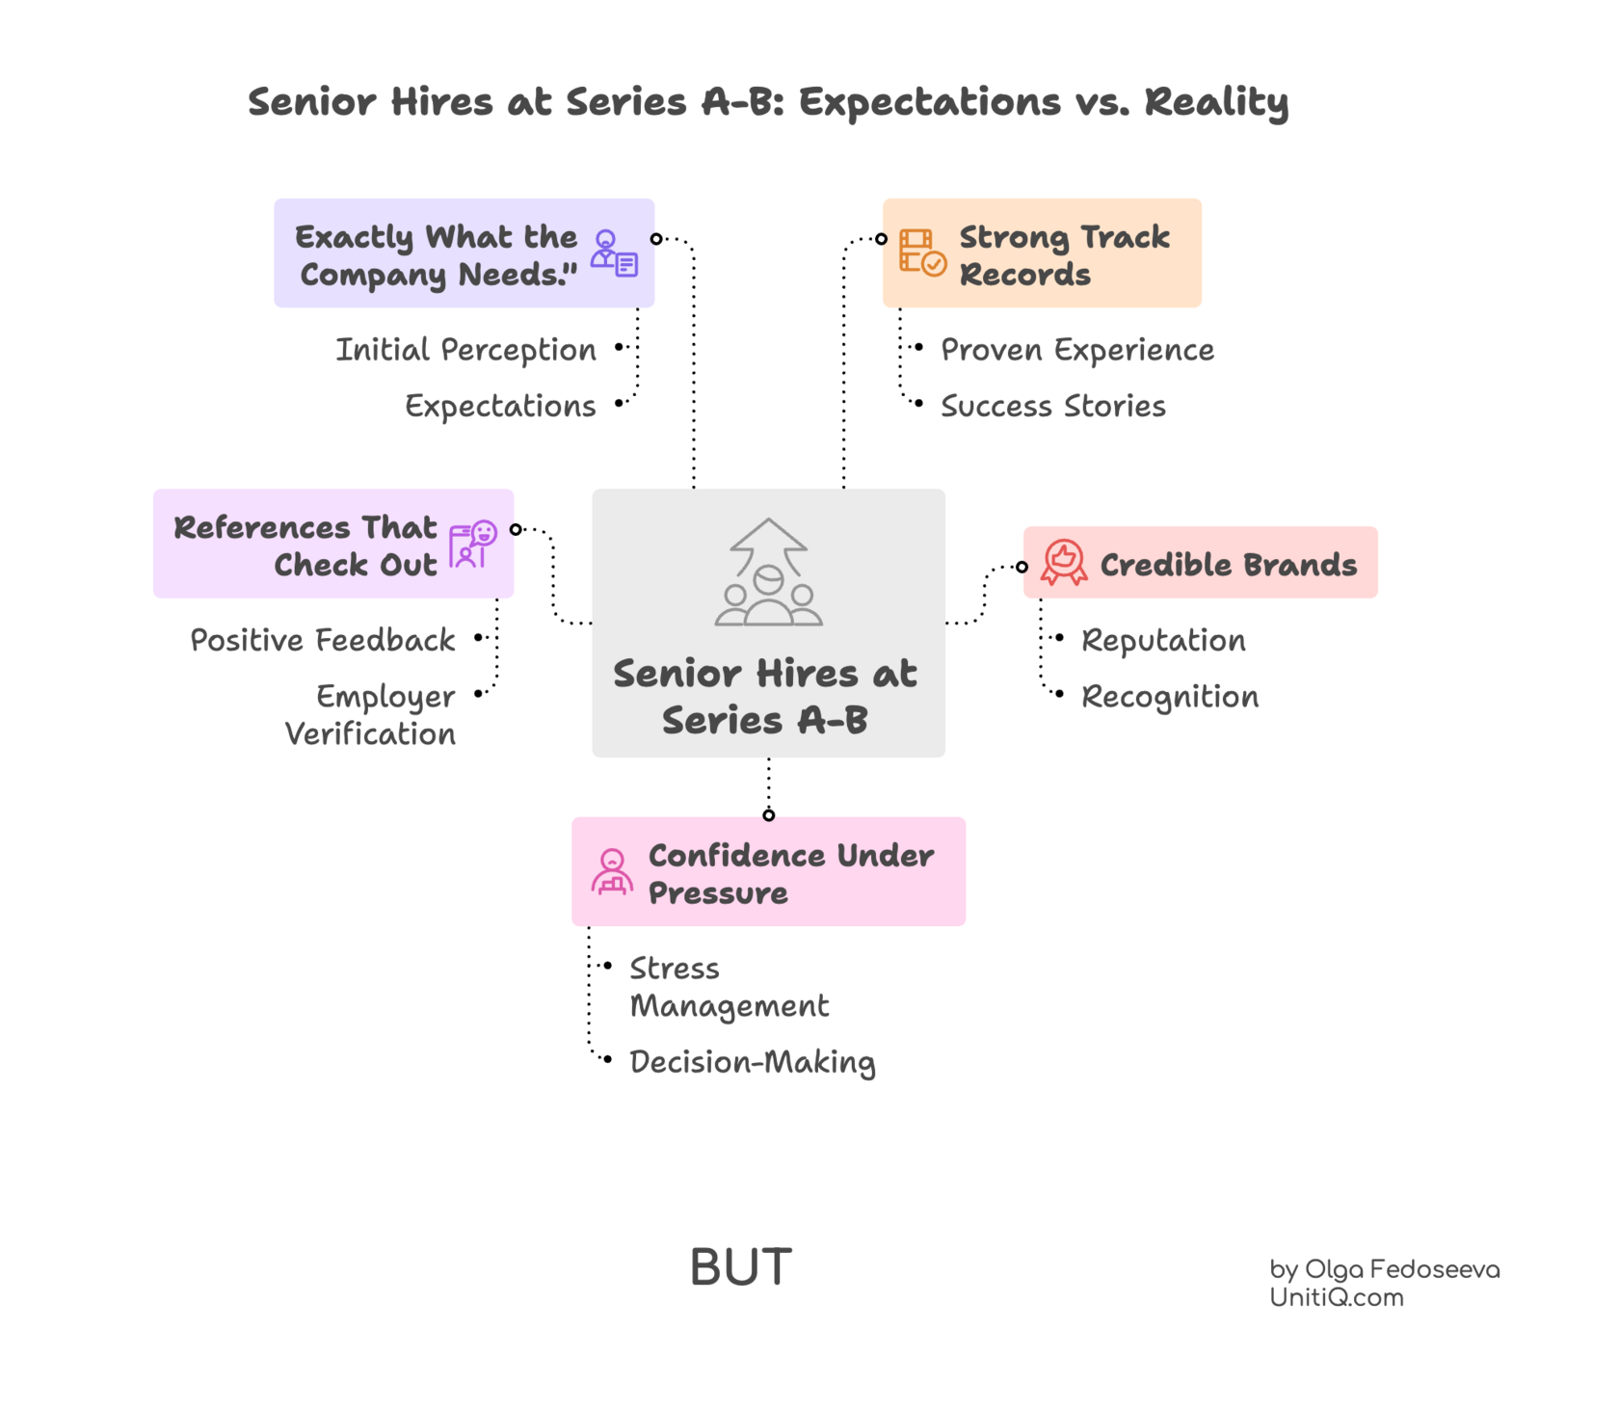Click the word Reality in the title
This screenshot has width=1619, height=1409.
click(x=1216, y=102)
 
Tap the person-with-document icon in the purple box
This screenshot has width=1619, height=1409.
click(x=614, y=253)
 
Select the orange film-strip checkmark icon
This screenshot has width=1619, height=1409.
click(x=921, y=253)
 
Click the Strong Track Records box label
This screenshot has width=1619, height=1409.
click(x=1064, y=255)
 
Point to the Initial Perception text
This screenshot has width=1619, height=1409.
click(x=465, y=350)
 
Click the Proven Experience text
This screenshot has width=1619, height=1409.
click(x=1076, y=350)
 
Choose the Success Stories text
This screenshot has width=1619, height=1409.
click(x=1052, y=406)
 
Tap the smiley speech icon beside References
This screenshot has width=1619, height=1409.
click(x=472, y=545)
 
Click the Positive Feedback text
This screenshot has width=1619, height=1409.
click(x=323, y=640)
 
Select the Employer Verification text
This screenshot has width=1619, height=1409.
click(x=371, y=715)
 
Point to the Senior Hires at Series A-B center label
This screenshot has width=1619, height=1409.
click(x=765, y=696)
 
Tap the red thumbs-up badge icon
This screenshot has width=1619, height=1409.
click(x=1064, y=562)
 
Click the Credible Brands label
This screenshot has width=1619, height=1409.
click(x=1228, y=565)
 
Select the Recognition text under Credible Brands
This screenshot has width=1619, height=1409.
click(x=1169, y=697)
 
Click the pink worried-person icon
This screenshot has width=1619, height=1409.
click(x=612, y=871)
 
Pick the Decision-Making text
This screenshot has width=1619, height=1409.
click(x=752, y=1062)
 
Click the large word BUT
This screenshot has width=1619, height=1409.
click(x=741, y=1267)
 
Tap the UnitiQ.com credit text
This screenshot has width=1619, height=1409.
click(x=1336, y=1298)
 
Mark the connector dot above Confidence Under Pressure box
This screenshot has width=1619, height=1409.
click(x=768, y=815)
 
